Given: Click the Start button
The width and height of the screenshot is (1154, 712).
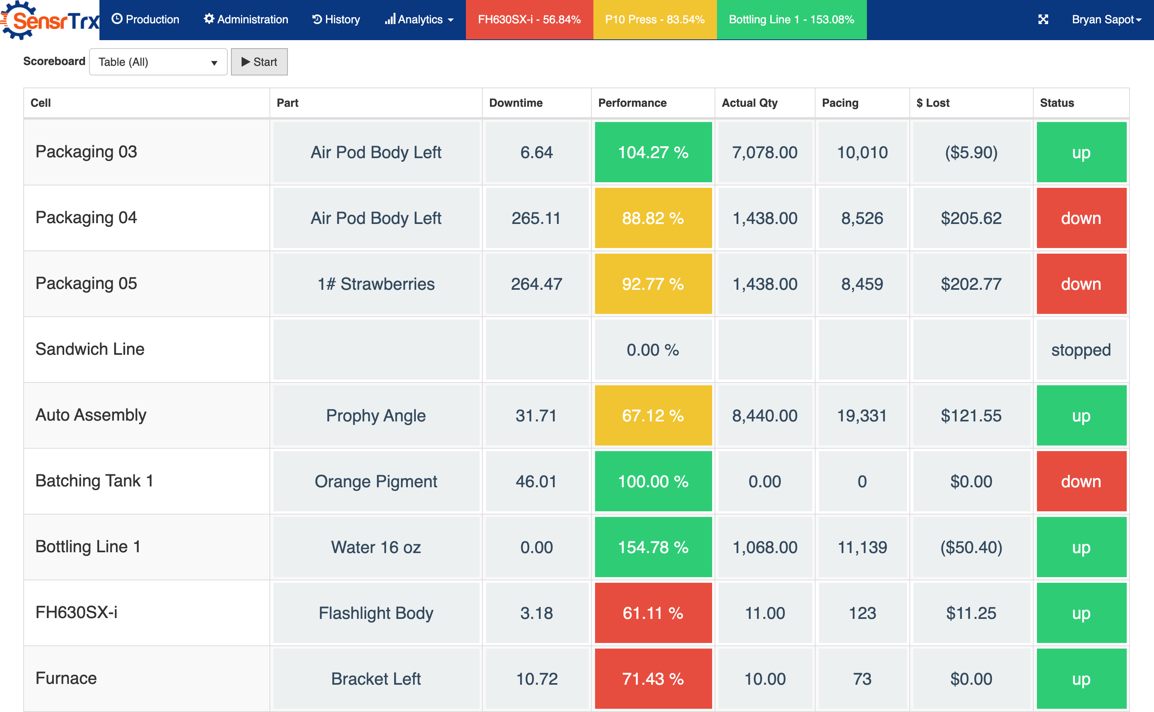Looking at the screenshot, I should click(259, 62).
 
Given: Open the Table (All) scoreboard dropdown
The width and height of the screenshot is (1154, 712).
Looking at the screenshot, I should click(158, 62).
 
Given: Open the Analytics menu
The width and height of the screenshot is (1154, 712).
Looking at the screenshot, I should click(419, 19).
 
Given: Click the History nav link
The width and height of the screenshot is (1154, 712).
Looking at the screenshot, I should click(336, 19).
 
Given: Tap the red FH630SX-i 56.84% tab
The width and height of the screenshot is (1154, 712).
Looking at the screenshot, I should click(529, 19).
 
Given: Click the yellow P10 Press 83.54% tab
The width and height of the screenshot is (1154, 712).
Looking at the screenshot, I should click(654, 19).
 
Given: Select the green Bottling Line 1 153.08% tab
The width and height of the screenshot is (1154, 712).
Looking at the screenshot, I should click(791, 19).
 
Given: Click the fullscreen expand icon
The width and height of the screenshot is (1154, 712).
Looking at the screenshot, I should click(1043, 19).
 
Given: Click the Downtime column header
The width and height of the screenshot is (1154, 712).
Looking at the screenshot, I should click(516, 103).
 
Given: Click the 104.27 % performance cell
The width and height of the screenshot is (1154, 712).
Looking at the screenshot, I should click(653, 152).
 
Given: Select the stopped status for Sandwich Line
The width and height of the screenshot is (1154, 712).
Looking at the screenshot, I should click(1081, 350).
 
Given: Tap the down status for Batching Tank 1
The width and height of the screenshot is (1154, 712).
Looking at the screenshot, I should click(1081, 481).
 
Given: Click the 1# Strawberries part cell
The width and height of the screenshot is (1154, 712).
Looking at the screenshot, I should click(376, 284).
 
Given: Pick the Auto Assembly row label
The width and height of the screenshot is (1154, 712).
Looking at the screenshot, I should click(91, 415).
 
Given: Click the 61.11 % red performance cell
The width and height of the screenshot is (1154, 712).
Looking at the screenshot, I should click(653, 612).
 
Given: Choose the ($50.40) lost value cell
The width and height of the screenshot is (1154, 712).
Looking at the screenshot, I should click(971, 547).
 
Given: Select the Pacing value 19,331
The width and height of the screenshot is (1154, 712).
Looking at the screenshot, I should click(862, 415).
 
